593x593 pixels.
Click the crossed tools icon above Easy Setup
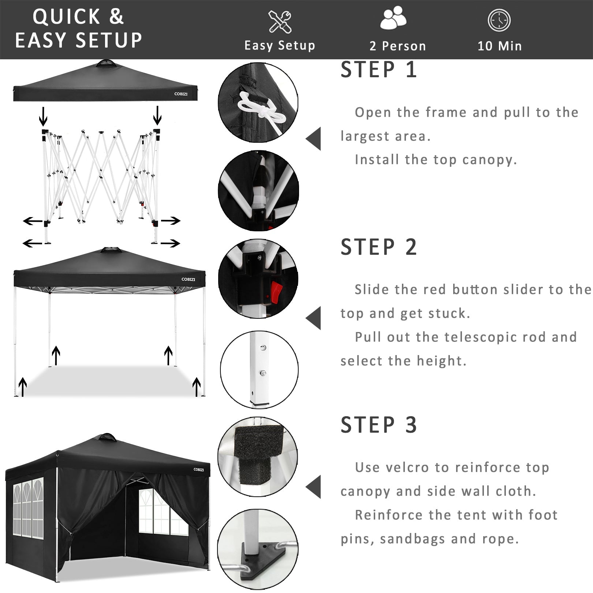coord(280,22)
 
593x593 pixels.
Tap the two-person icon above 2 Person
coord(393,18)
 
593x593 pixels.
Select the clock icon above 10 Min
coord(499,20)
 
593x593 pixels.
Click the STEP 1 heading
coord(378,70)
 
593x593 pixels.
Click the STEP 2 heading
coord(378,247)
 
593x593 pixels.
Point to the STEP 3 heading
coord(378,425)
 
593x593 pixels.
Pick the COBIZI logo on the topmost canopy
coord(181,94)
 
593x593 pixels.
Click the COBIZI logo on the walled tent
coord(199,470)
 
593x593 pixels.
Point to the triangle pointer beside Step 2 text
coord(314,318)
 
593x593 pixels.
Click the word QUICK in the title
coord(66,17)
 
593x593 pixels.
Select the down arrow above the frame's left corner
coord(43,116)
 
